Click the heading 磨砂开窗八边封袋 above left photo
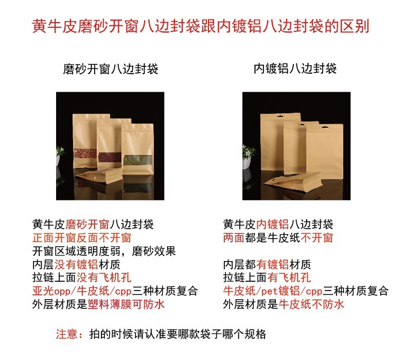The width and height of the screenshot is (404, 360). pyautogui.click(x=110, y=68)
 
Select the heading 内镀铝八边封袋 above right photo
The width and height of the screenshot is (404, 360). pyautogui.click(x=295, y=68)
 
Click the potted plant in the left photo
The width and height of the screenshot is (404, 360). pyautogui.click(x=61, y=155)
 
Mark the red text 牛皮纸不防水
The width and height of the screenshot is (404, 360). pyautogui.click(x=311, y=304)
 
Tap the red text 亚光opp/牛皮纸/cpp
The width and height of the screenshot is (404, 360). pyautogui.click(x=82, y=292)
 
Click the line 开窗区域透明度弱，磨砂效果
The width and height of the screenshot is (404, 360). pyautogui.click(x=104, y=251)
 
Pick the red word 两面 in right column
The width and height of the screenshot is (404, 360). pyautogui.click(x=234, y=238)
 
